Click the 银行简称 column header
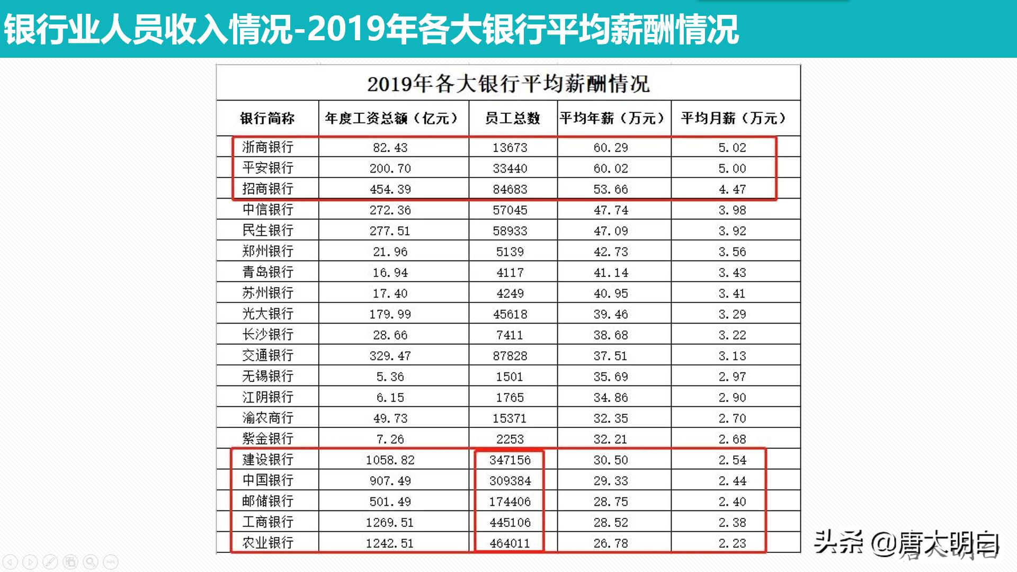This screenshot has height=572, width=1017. coord(267,118)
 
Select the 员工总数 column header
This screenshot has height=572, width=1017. coord(512,118)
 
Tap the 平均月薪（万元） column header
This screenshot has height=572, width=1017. coord(735,118)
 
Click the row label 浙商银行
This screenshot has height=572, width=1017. coord(267,147)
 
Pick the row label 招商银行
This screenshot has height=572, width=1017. coord(267,189)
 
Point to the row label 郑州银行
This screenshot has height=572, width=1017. coord(267,252)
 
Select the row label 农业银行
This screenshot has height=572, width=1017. coord(267,543)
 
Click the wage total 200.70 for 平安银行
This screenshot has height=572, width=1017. coord(390,168)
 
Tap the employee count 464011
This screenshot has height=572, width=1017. coord(510,543)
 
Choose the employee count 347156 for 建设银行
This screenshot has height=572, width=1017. coord(510,460)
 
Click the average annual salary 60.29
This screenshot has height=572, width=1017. coord(611,148)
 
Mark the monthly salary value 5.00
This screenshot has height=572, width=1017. coord(732,168)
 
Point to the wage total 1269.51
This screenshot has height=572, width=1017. coord(389,523)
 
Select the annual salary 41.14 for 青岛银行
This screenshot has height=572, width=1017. coord(611,273)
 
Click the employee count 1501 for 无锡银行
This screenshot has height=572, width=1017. coord(510,377)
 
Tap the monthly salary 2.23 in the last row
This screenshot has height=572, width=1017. coord(732,543)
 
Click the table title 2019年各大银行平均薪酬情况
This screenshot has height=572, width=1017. coord(508,84)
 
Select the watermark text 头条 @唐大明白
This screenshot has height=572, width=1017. coord(906,544)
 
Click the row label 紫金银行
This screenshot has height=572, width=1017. coord(267,439)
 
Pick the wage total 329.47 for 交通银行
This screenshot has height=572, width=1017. coord(390,356)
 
